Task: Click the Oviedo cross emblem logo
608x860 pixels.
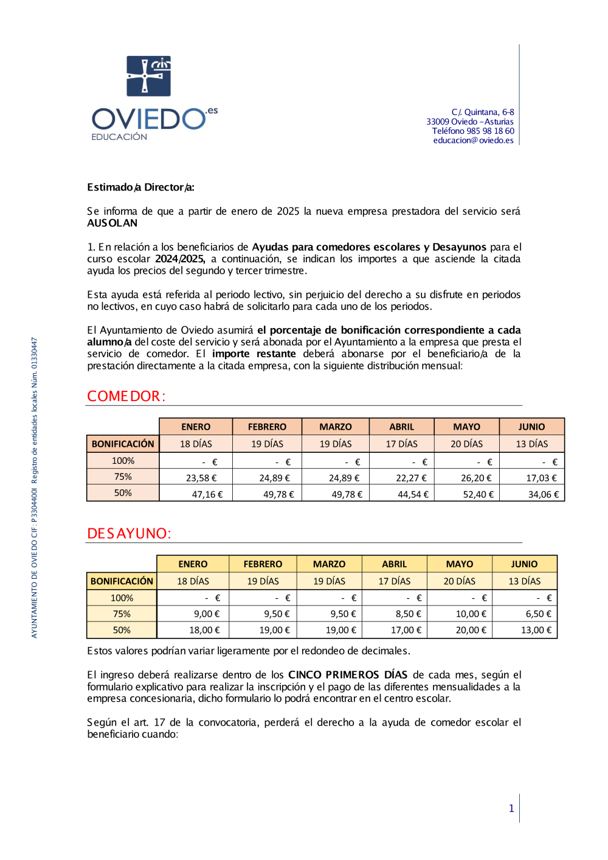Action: point(148,76)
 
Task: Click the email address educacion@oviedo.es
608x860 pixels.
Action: point(473,141)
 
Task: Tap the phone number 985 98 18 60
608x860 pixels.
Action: point(490,131)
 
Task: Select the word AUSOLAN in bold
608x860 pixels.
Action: point(112,223)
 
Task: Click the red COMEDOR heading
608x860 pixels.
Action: point(126,396)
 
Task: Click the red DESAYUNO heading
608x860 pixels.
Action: point(129,534)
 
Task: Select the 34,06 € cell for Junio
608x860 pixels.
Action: point(543,494)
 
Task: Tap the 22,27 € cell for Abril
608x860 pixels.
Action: point(411,478)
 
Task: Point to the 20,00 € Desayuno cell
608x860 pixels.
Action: point(471,630)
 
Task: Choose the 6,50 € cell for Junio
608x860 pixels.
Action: point(538,614)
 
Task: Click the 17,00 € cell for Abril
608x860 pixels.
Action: point(406,630)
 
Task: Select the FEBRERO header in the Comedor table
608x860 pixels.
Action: point(267,427)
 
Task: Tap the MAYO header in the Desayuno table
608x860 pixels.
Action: point(459,564)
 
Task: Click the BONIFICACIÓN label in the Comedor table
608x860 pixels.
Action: point(123,444)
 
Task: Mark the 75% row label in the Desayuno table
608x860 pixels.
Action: point(122,614)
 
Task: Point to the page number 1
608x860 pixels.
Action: point(511,808)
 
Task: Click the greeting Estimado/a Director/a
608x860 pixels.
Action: point(140,187)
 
